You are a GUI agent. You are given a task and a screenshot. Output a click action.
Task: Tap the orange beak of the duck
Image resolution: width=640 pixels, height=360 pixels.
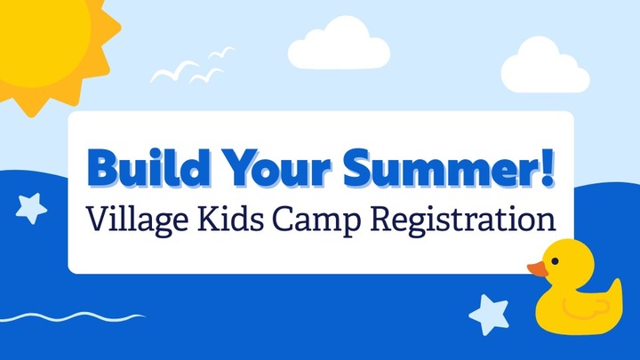tap(537, 268)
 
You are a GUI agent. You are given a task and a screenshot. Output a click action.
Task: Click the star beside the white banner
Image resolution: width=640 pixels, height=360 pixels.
tap(32, 208)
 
